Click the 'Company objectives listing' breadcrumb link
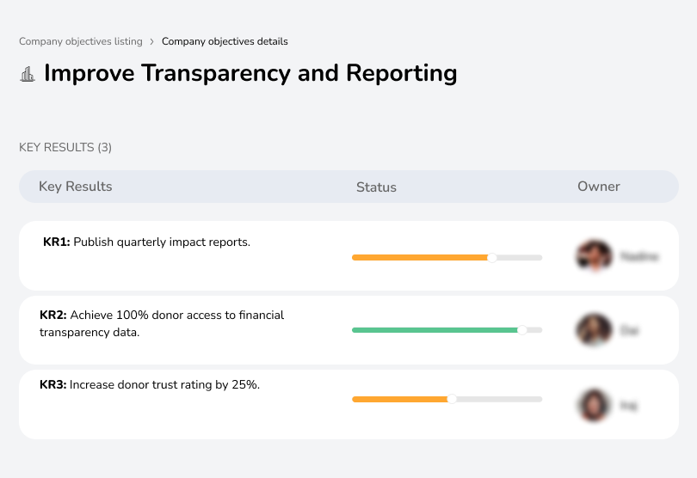coord(80,41)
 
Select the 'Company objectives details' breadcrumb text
coord(225,41)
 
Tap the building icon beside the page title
coord(28,74)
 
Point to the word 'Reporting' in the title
coord(401,73)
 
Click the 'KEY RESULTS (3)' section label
coord(65,148)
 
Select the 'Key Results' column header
coord(75,187)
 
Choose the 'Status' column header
coord(376,187)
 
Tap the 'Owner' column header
coord(598,187)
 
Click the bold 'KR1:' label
coord(56,242)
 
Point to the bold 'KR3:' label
coord(52,385)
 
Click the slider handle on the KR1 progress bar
coord(492,257)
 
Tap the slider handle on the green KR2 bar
coord(521,329)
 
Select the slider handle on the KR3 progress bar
coord(452,399)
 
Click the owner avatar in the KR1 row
coord(593,256)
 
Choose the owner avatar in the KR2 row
coord(593,329)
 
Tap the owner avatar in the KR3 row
coord(593,405)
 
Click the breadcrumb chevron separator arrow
coord(152,41)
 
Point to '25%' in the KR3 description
coord(245,385)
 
